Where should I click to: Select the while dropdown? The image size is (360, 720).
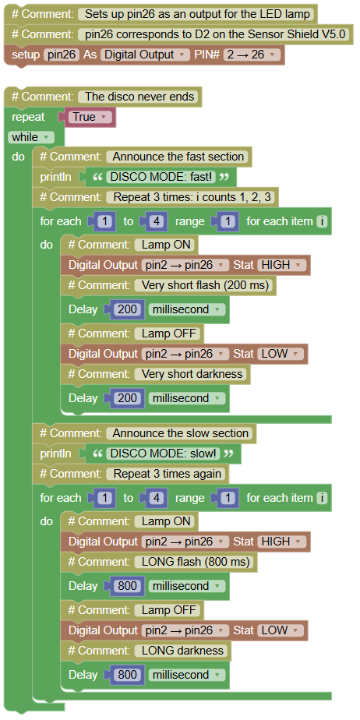pyautogui.click(x=31, y=137)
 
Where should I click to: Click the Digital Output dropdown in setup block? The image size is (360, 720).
pyautogui.click(x=145, y=55)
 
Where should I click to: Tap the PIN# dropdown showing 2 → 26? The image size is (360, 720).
pyautogui.click(x=252, y=55)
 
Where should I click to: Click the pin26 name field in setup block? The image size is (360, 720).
pyautogui.click(x=62, y=55)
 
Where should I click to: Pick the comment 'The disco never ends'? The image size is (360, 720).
pyautogui.click(x=139, y=97)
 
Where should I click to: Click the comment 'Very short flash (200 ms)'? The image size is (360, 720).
pyautogui.click(x=205, y=285)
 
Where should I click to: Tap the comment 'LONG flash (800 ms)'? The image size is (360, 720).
pyautogui.click(x=196, y=562)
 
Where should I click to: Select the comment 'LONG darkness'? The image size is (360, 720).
pyautogui.click(x=182, y=650)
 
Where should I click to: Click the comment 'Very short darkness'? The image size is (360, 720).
pyautogui.click(x=192, y=374)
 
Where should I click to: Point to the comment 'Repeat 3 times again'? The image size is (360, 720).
pyautogui.click(x=167, y=474)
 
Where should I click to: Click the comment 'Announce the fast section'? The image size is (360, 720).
pyautogui.click(x=178, y=157)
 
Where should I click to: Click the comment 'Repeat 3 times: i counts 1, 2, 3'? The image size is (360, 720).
pyautogui.click(x=192, y=197)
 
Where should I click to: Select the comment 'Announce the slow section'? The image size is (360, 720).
pyautogui.click(x=181, y=433)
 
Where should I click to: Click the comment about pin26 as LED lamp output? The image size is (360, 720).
pyautogui.click(x=196, y=14)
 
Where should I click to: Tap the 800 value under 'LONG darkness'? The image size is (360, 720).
pyautogui.click(x=127, y=675)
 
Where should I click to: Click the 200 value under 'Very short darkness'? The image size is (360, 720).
pyautogui.click(x=127, y=398)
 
